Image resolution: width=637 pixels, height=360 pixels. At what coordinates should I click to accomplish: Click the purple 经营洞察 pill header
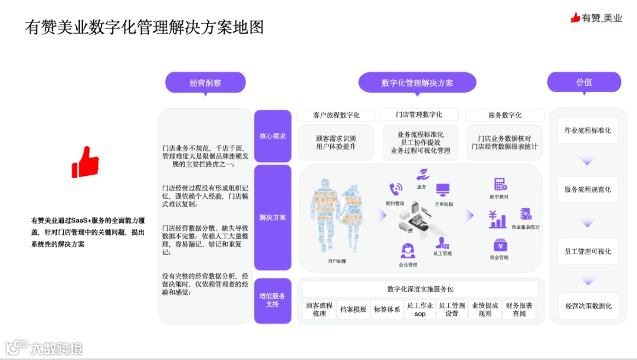pos(205,83)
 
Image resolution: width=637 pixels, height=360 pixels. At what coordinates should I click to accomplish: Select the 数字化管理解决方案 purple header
pos(417,83)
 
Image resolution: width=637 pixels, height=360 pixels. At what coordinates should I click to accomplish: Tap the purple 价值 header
pos(584,82)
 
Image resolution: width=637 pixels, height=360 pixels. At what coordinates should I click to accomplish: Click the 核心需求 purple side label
pos(272,136)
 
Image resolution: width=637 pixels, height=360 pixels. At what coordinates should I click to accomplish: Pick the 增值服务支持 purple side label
pos(272,300)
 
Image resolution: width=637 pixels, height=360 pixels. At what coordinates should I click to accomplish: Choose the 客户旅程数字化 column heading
pos(336,115)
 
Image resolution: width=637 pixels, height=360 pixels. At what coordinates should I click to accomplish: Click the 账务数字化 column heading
pos(505,115)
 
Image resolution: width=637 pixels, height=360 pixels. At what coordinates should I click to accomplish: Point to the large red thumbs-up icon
pos(85,162)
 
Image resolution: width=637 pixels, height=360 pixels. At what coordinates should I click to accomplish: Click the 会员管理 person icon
pos(408,251)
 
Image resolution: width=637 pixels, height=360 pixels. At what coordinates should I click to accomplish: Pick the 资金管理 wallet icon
pos(500,244)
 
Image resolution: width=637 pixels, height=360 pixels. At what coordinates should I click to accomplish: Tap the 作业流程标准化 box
pos(587,130)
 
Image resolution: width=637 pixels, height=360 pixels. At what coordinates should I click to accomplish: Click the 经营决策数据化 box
pos(588,306)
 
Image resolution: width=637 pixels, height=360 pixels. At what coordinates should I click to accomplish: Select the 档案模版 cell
pos(353,309)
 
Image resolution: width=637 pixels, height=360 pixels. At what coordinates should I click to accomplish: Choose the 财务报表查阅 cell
pos(519,309)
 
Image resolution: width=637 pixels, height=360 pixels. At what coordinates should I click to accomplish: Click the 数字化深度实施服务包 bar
pos(420,289)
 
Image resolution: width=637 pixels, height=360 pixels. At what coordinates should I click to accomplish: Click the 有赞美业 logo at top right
pos(596,18)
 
